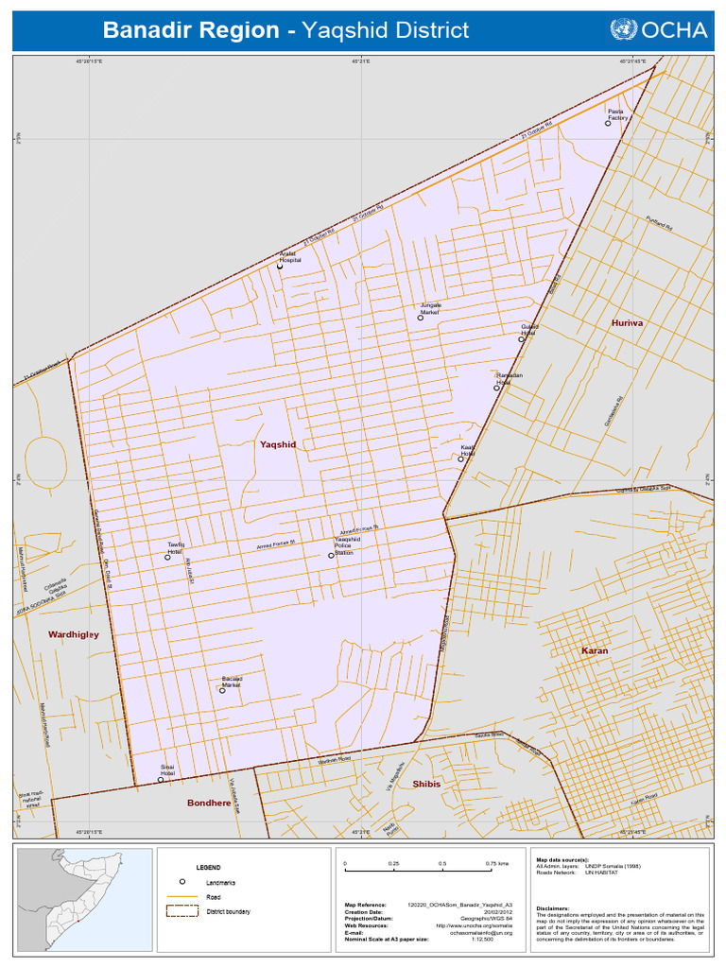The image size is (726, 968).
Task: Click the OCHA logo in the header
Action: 659,30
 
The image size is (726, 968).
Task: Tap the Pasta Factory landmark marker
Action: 609,123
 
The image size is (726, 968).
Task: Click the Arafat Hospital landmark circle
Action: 280,267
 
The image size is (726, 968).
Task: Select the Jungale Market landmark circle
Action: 421,318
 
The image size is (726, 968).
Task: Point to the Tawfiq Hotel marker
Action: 168,557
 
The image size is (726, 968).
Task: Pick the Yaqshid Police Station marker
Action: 331,556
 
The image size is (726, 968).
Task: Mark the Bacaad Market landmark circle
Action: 222,690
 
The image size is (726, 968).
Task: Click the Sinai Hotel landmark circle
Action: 161,780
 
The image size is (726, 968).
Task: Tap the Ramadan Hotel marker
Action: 496,388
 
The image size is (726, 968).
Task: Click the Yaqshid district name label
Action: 278,443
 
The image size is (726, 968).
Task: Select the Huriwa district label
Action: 627,322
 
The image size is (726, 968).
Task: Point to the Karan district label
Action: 595,651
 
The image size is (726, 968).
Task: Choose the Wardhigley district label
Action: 74,634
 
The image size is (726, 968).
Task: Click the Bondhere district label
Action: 209,803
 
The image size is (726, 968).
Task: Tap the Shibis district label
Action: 426,784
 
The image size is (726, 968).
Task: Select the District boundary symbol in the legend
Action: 181,911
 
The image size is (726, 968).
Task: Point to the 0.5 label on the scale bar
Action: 442,864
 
